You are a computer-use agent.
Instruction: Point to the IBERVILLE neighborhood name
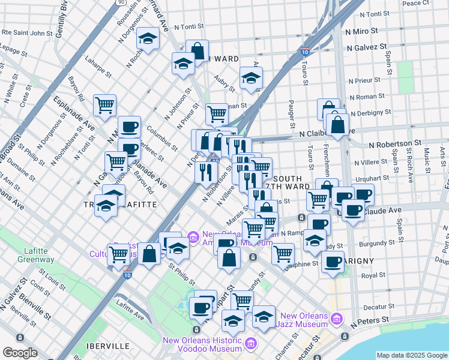108,346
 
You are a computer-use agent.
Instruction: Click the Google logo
19,353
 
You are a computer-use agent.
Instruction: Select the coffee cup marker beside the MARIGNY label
333,262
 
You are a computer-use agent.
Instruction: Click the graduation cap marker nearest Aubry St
252,78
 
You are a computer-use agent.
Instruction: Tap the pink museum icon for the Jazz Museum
337,317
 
